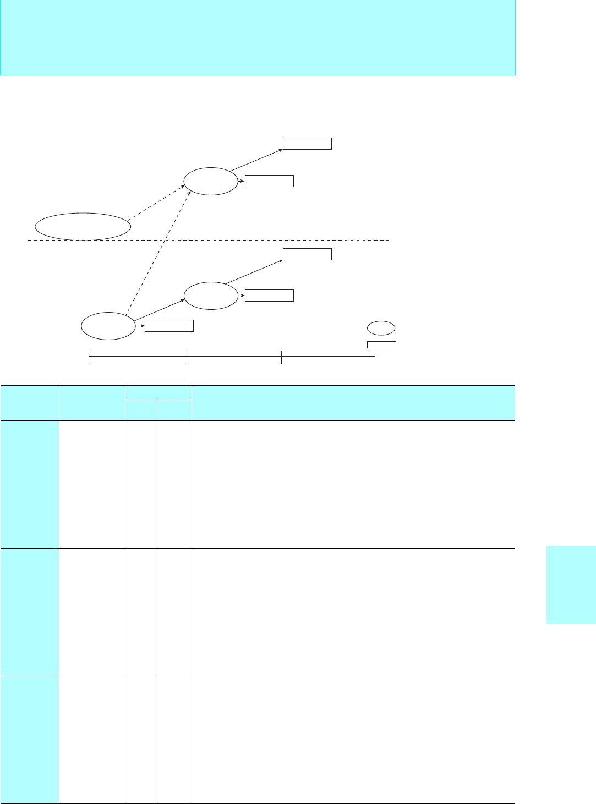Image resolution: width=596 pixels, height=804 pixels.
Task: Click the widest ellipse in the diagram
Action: click(x=83, y=226)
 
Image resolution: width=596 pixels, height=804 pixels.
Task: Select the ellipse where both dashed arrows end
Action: click(x=211, y=181)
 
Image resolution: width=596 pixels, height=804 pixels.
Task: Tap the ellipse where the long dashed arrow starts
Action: click(x=108, y=326)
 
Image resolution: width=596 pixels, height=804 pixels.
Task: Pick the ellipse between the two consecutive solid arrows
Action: click(x=211, y=296)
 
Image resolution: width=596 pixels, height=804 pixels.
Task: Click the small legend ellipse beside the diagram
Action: click(x=381, y=328)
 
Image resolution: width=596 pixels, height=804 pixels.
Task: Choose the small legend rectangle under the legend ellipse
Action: click(x=381, y=344)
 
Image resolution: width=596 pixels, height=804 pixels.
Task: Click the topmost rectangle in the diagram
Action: click(x=307, y=144)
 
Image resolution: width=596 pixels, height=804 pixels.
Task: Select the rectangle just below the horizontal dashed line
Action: click(x=307, y=254)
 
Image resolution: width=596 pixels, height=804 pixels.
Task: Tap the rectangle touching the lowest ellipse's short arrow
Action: click(x=169, y=326)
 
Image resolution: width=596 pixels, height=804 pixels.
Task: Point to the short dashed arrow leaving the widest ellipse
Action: click(x=157, y=204)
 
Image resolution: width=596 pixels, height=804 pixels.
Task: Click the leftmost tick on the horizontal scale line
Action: click(x=89, y=357)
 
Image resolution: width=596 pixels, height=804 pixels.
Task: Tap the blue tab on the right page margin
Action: click(x=571, y=584)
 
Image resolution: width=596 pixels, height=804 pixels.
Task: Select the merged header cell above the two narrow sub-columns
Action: click(x=158, y=392)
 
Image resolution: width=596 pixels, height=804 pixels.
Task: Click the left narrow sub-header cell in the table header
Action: click(x=141, y=410)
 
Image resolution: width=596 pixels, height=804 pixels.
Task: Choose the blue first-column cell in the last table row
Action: click(x=30, y=739)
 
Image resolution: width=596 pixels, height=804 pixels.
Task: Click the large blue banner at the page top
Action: click(x=258, y=37)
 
